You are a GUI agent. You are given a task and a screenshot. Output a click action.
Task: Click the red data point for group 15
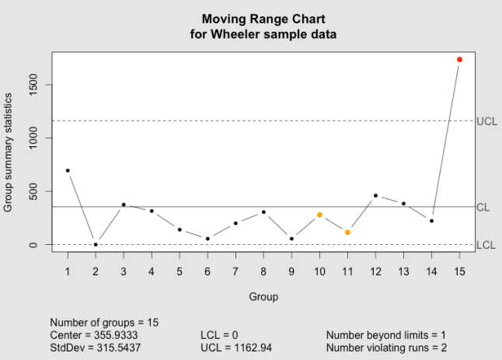click(459, 59)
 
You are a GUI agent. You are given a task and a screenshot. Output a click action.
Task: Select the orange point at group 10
click(319, 215)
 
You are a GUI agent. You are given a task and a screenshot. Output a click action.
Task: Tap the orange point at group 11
click(347, 232)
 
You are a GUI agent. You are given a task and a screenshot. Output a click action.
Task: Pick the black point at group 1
click(68, 170)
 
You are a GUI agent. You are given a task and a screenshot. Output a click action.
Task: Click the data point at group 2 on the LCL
click(96, 244)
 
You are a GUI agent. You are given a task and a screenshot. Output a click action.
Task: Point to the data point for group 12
click(375, 196)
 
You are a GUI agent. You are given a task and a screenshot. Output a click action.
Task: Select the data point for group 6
click(207, 239)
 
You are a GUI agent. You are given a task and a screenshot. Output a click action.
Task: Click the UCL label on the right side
click(486, 121)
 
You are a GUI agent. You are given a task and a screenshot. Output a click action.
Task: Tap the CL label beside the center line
click(483, 208)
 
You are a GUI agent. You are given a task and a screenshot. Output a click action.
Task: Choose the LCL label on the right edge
click(486, 245)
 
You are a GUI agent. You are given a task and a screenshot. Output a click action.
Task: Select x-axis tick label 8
click(263, 271)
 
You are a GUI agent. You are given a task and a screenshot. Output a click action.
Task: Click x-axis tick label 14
click(431, 271)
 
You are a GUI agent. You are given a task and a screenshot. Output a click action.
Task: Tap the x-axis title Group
click(263, 296)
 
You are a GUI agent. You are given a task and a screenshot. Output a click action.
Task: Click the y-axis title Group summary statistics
click(9, 152)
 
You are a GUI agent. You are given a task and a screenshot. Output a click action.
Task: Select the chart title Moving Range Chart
click(263, 19)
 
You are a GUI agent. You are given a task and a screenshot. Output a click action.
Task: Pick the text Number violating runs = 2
click(386, 347)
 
